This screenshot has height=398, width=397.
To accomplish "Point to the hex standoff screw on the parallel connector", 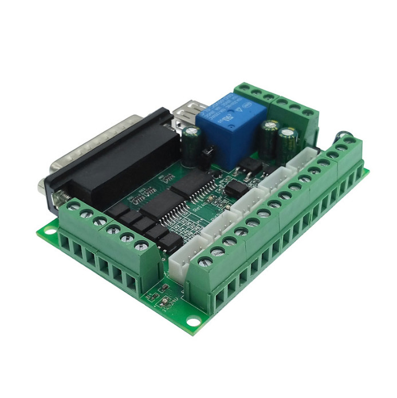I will click(57, 197).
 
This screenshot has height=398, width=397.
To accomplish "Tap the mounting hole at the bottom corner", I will click(193, 322).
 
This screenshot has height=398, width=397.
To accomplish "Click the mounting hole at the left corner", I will click(49, 232).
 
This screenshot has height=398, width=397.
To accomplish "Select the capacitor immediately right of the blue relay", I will click(269, 135).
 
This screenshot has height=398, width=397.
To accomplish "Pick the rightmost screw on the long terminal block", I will click(349, 141).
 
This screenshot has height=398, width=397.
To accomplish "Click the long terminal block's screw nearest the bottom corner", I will click(205, 262).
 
